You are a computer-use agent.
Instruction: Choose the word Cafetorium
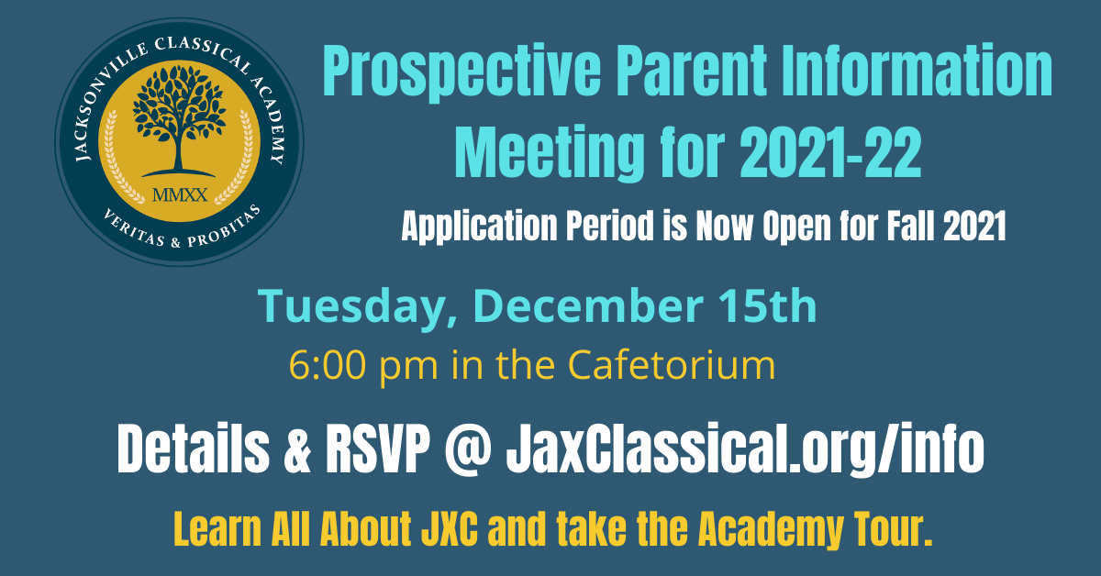point(672,365)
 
